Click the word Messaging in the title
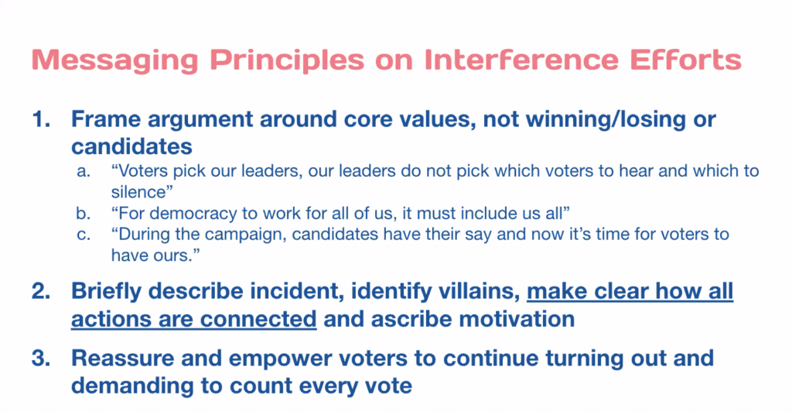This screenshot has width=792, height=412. pos(114,60)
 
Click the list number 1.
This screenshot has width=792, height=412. pos(40,119)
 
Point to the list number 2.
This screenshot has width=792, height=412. pos(40,291)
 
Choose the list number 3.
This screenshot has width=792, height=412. pos(40,358)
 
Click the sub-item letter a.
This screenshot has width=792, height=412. pos(84,172)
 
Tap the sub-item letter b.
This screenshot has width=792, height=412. pos(84,213)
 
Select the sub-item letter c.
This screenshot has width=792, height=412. pos(84,235)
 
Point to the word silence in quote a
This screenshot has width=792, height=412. pos(138,192)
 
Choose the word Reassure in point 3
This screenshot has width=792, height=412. pos(121,358)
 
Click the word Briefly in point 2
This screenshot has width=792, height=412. pos(106,292)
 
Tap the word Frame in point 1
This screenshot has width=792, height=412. pos(106,119)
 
